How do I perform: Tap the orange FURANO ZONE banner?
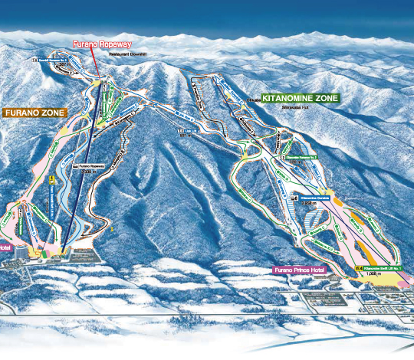click(35, 113)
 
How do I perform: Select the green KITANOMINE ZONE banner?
click(300, 99)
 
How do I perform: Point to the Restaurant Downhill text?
click(127, 54)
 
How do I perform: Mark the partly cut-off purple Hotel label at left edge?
click(5, 247)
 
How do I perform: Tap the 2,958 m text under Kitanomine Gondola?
click(310, 204)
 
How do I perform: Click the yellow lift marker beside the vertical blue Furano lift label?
click(51, 182)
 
